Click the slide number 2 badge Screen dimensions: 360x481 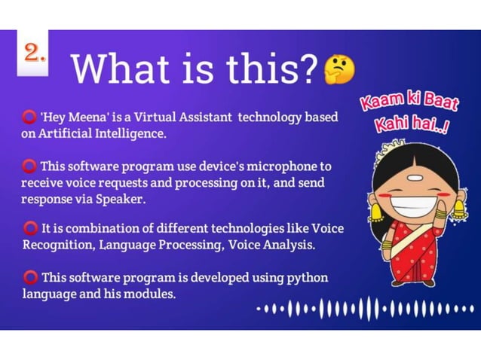(x=33, y=53)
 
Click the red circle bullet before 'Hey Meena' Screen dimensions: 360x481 (x=29, y=118)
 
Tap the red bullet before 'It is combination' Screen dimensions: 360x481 (x=30, y=228)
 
